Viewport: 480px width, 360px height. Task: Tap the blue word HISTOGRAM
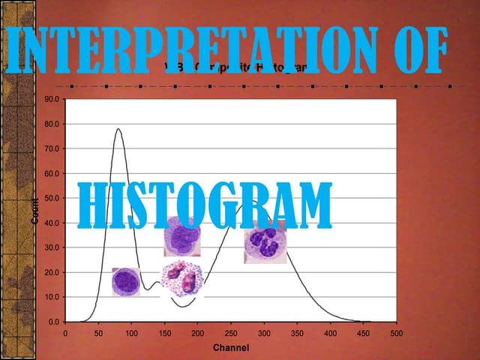click(x=205, y=205)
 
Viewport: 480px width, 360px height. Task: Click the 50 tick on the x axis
click(x=98, y=332)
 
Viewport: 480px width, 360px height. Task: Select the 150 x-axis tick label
click(x=164, y=332)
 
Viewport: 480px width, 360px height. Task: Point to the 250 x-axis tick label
click(x=230, y=332)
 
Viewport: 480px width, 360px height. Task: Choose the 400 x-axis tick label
click(x=330, y=332)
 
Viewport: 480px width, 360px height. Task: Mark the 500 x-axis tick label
click(x=396, y=332)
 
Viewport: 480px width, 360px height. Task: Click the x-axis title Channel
click(x=231, y=348)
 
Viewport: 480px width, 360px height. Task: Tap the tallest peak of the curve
click(x=118, y=129)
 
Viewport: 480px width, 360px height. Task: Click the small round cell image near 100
click(x=125, y=282)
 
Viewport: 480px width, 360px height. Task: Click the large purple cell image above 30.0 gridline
click(x=182, y=237)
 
